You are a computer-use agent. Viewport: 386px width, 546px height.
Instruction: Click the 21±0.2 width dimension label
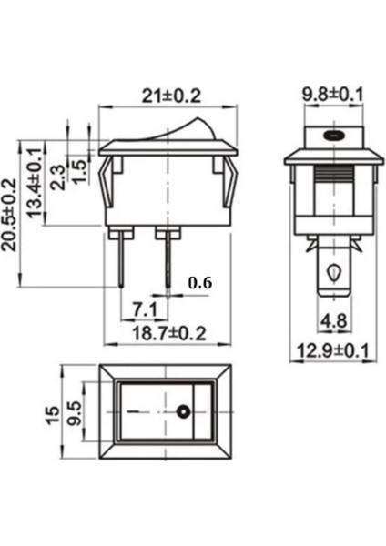point(171,94)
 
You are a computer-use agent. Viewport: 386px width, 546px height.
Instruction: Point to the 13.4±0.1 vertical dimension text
point(37,179)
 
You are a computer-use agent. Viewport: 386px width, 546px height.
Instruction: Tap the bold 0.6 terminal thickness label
point(199,283)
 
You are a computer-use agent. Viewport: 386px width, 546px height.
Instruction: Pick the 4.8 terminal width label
point(333,319)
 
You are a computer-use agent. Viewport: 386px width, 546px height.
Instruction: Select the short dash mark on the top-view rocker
point(137,412)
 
